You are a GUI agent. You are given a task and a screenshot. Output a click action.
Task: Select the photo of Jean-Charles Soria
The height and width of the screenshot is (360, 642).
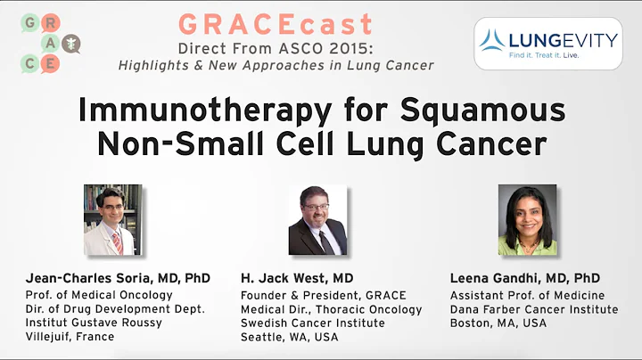point(113,219)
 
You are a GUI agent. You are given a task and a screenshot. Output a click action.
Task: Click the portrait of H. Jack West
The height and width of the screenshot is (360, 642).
point(317,219)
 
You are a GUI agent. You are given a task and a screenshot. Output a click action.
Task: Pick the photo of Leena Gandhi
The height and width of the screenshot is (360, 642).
point(527,219)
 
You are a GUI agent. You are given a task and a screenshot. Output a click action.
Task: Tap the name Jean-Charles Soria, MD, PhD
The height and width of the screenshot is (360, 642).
point(118,278)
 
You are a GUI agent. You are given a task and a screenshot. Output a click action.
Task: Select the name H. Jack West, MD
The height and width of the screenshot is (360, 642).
point(296,278)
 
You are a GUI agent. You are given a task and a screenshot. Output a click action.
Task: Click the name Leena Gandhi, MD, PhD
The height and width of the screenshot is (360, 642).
point(525,278)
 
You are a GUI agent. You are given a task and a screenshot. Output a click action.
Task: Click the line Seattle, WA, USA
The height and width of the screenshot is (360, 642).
point(291,337)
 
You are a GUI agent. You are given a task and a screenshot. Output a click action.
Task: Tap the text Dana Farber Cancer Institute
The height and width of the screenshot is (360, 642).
point(534,309)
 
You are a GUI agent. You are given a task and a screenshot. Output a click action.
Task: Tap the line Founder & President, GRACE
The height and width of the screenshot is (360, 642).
point(323,295)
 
